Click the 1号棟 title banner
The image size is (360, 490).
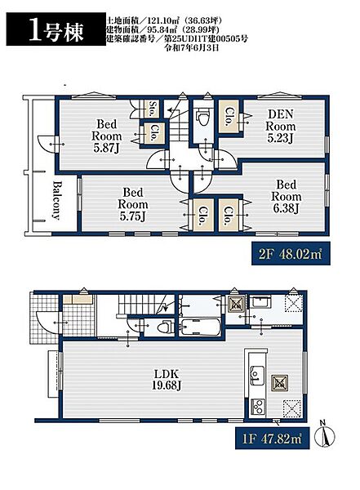click(56, 29)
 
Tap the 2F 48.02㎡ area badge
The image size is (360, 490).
click(291, 254)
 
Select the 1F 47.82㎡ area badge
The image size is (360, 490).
click(272, 438)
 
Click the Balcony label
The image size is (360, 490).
click(56, 200)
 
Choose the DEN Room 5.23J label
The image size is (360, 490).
click(280, 127)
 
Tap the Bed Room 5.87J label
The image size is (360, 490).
click(107, 136)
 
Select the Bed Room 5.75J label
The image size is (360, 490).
click(133, 204)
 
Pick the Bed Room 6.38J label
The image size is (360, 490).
click(287, 197)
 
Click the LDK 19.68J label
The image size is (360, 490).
click(167, 379)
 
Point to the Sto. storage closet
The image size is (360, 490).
click(152, 109)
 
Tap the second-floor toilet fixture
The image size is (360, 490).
click(202, 118)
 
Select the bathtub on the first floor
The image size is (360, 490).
click(200, 327)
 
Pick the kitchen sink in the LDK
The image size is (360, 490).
click(256, 373)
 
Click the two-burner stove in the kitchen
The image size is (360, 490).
click(258, 407)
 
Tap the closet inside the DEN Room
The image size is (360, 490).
click(229, 117)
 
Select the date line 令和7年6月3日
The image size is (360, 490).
click(192, 48)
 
